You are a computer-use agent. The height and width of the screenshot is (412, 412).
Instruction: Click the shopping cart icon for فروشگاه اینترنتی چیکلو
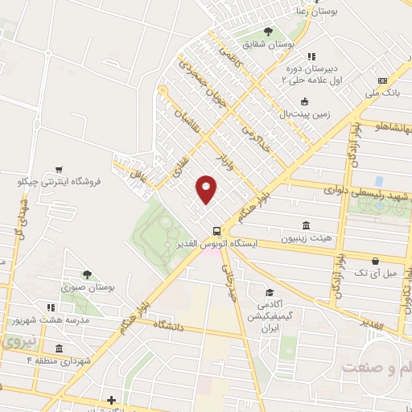tap(59, 170)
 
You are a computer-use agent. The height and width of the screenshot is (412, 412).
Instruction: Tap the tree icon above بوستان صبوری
tap(87, 274)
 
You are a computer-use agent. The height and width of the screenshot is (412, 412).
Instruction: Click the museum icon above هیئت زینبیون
tap(306, 225)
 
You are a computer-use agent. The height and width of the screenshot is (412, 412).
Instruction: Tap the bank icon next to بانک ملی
tap(383, 80)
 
